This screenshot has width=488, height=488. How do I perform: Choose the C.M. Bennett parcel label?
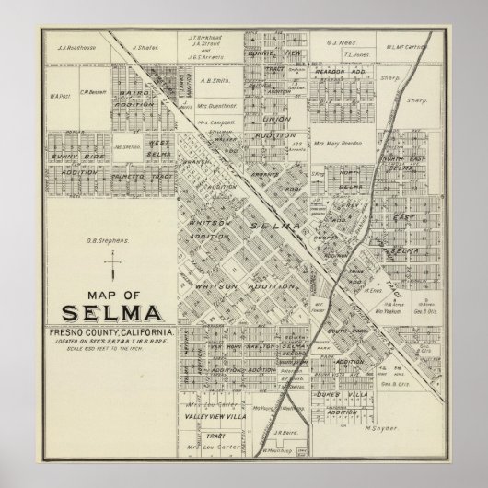click(93, 91)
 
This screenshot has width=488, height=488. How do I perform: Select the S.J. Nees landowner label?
click(342, 41)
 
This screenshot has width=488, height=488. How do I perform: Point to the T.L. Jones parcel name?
click(355, 53)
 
